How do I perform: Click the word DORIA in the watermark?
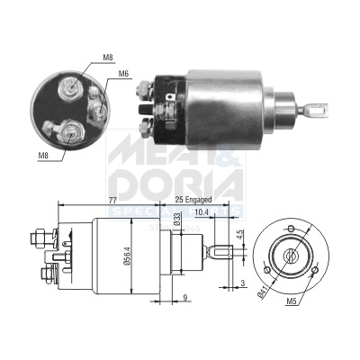[x=180, y=184]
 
